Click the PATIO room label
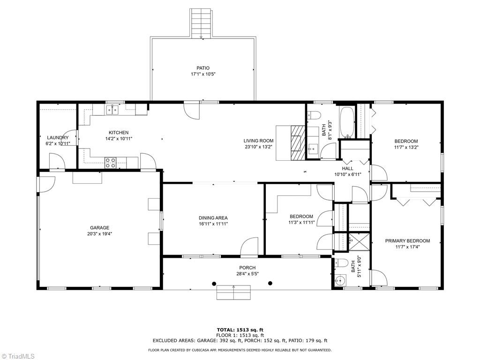203,68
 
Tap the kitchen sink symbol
112,110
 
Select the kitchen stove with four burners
111,162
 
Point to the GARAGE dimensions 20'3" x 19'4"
99,233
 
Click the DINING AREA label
213,218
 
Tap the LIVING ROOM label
258,141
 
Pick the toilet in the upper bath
314,115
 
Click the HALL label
347,169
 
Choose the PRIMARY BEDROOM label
407,241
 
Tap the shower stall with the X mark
359,243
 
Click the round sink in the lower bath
340,280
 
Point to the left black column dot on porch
214,283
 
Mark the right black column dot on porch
270,283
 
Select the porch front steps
233,293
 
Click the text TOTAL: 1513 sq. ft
240,330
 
